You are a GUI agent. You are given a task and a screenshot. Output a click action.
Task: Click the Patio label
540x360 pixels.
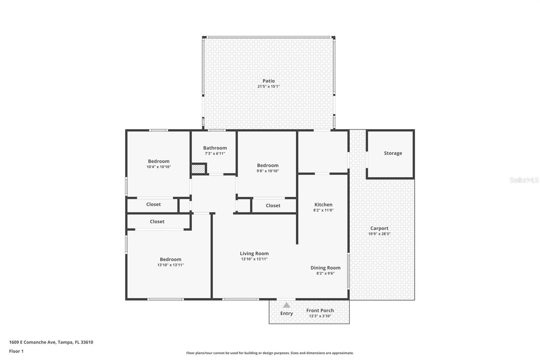pos(269,81)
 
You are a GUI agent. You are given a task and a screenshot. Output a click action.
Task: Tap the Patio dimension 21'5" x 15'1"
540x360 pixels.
pos(269,86)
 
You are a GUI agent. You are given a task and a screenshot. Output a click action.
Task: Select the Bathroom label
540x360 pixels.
pos(215,148)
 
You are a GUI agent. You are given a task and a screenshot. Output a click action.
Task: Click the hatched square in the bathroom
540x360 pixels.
pos(198,169)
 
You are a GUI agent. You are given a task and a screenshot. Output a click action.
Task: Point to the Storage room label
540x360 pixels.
pos(393,153)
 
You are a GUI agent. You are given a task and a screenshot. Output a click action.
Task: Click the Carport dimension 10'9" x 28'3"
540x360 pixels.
pos(379,234)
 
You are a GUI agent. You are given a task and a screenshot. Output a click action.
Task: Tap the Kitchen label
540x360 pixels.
pos(323,204)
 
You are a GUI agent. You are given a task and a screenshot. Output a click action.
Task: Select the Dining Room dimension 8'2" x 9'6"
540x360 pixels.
pos(325,273)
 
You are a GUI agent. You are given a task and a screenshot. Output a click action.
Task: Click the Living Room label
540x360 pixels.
pos(254,253)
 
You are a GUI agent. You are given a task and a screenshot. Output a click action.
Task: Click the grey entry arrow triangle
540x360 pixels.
pos(287,305)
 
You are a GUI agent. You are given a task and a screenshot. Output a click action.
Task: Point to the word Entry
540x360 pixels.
pos(287,313)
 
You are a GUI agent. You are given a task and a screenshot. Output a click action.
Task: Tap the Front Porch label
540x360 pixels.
pos(320,310)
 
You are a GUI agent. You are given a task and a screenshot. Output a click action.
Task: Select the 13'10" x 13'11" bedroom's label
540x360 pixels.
pos(170,259)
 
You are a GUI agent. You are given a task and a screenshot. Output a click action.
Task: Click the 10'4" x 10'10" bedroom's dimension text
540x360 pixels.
pos(159,167)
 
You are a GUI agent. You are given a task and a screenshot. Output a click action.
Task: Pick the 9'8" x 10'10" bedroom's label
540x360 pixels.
pos(268,165)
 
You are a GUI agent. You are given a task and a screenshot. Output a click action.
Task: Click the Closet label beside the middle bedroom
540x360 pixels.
pos(273,205)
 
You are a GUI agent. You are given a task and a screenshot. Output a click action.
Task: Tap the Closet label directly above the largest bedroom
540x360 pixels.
pos(157,222)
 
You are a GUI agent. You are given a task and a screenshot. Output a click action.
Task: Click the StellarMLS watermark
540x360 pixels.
pos(524,180)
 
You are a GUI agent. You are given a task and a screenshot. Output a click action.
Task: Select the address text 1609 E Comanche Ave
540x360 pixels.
pos(32,342)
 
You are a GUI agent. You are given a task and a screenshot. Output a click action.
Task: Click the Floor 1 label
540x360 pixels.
pos(16,351)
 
